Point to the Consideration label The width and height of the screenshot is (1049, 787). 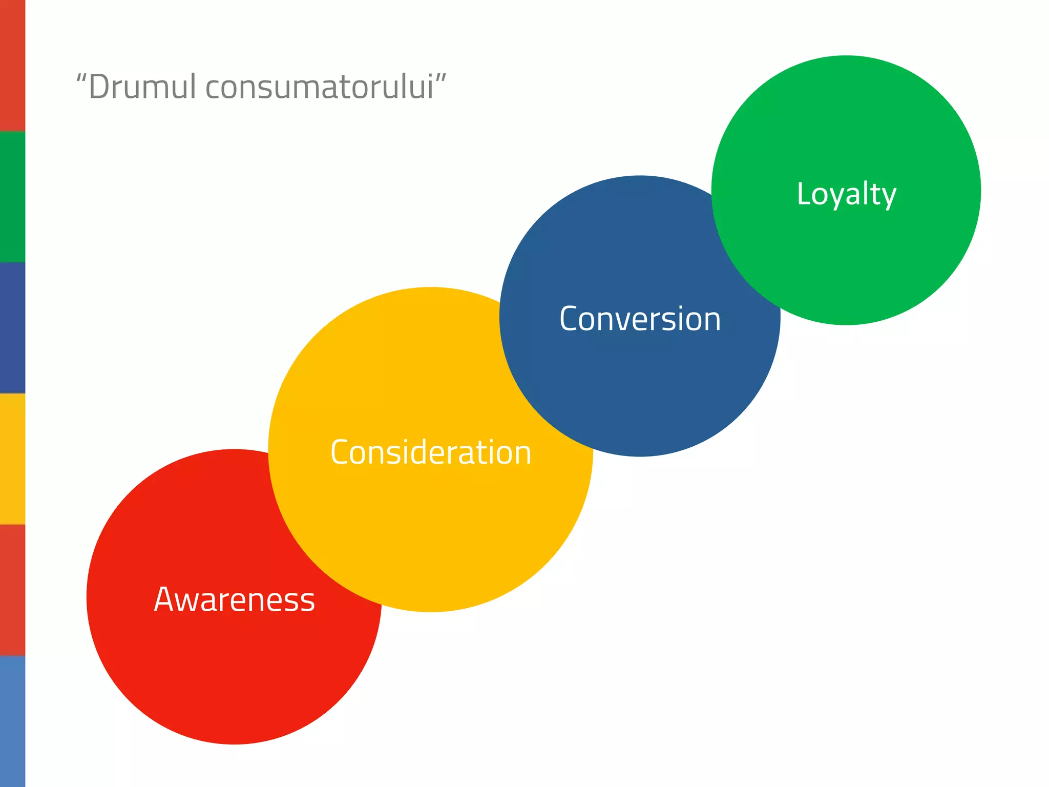[431, 452]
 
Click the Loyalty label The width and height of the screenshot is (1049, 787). [846, 194]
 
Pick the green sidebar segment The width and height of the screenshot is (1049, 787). [12, 197]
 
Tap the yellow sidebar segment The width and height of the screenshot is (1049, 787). [12, 459]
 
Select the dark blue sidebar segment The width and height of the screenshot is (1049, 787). [12, 328]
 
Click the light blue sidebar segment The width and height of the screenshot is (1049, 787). [12, 721]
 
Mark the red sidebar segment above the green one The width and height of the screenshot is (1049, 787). [12, 66]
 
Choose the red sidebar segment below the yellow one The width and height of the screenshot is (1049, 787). [12, 590]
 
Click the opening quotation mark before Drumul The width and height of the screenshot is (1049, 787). [81, 78]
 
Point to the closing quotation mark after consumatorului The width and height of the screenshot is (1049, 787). [441, 78]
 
